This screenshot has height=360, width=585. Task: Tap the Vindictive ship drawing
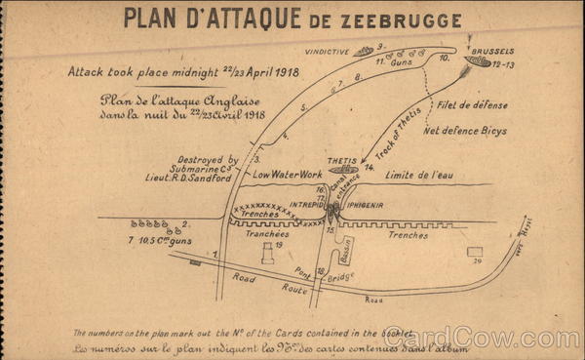click(366, 50)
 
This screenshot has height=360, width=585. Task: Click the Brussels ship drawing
click(479, 60)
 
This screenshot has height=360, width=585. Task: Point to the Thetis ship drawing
click(342, 168)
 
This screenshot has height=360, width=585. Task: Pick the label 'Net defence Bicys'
click(465, 130)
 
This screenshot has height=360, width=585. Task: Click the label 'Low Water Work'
click(288, 175)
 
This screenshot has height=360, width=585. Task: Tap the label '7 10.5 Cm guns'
click(159, 240)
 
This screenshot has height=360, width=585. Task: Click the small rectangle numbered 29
click(475, 251)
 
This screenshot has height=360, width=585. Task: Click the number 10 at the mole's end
click(444, 59)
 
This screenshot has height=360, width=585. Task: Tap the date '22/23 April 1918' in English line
click(253, 72)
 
